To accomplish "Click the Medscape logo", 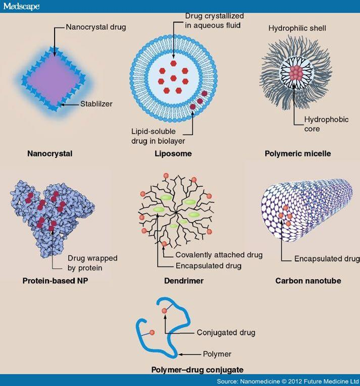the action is tap(21, 7).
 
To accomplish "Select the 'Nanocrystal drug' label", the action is tap(96, 27).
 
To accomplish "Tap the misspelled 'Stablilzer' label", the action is tap(96, 104).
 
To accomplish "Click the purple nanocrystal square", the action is tap(54, 79).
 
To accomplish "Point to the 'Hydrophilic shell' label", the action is tap(297, 28).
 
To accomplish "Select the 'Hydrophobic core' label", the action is tap(326, 124).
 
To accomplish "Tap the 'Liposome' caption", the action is tap(173, 153).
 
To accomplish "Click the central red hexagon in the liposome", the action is tap(174, 78).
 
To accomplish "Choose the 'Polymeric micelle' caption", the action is tap(298, 153).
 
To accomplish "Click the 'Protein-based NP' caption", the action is tap(55, 281).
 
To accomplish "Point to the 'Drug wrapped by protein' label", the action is tap(92, 263).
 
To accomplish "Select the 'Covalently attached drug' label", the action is tap(219, 255).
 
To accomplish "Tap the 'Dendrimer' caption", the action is tap(184, 281).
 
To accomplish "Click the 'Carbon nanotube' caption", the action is tap(308, 281).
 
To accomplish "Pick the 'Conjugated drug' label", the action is tap(226, 333).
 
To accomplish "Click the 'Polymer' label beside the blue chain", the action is tap(217, 354).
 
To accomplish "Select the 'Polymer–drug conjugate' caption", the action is tap(197, 370).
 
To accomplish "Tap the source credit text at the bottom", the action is tap(288, 381).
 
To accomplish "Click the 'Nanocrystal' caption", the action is tap(50, 153).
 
